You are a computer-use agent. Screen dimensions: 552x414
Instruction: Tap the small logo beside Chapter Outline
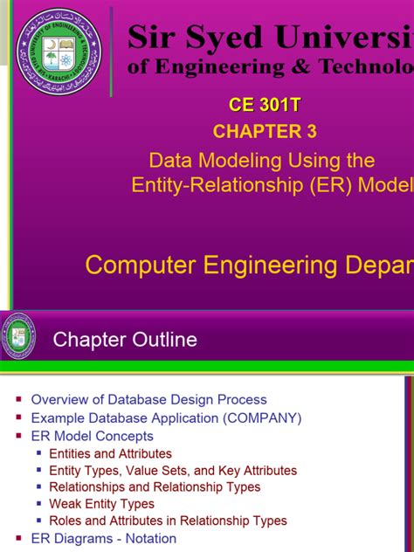pyautogui.click(x=18, y=335)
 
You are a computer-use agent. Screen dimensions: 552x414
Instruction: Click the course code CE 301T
pyautogui.click(x=265, y=106)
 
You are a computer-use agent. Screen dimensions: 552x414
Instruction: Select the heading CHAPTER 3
pyautogui.click(x=265, y=132)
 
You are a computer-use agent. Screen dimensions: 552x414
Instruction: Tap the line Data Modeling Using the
pyautogui.click(x=262, y=161)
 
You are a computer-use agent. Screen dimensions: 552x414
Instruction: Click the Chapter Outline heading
pyautogui.click(x=125, y=340)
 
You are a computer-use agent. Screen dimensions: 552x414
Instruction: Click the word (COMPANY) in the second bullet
pyautogui.click(x=262, y=417)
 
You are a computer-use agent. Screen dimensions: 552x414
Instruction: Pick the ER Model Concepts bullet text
pyautogui.click(x=92, y=436)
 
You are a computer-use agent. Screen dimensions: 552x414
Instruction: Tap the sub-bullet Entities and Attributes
pyautogui.click(x=110, y=454)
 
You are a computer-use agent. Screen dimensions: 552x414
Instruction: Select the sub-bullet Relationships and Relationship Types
pyautogui.click(x=155, y=487)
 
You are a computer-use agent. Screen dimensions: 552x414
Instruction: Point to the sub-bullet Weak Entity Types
pyautogui.click(x=101, y=504)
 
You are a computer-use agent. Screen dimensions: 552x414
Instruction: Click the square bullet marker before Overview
pyautogui.click(x=19, y=399)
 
